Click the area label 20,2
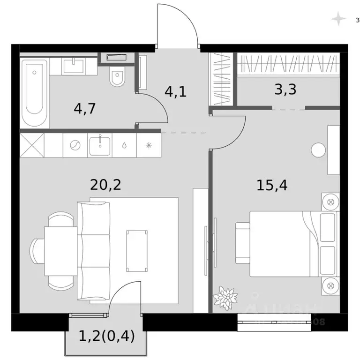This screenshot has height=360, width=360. point(105,185)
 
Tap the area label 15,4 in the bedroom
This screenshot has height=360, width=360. point(271,185)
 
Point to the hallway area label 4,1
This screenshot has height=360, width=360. point(175,91)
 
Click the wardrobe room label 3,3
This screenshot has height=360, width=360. point(285,89)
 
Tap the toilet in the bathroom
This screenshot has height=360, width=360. point(116,78)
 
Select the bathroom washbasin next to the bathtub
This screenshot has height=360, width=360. point(74,66)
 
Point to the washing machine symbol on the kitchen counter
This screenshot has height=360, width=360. point(75,145)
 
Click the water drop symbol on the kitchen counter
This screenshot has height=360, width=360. point(124,145)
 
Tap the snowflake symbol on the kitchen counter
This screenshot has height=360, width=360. point(149,145)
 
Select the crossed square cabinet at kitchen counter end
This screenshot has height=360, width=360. point(32,145)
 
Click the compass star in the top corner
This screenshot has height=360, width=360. point(337,19)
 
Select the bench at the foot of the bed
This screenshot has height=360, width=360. point(243,243)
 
